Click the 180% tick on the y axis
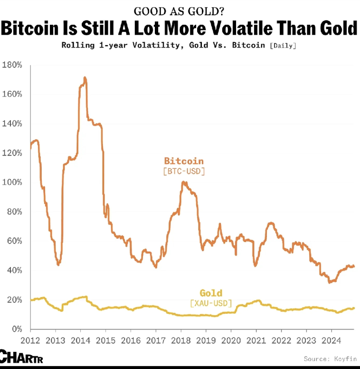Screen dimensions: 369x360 [12, 65]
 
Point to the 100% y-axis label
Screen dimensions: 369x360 [12, 182]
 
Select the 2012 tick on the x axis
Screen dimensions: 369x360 [30, 340]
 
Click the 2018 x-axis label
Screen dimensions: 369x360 [181, 340]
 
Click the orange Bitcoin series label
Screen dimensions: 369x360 [184, 161]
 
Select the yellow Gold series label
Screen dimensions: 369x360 [211, 293]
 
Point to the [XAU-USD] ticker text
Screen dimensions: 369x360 [211, 303]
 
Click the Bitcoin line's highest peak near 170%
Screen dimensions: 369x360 [85, 78]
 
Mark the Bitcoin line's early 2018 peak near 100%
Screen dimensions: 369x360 [184, 182]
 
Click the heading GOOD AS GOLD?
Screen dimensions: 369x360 [179, 11]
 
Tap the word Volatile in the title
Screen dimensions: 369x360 [246, 29]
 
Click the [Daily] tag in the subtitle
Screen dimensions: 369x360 [284, 46]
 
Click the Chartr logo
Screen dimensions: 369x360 [21, 356]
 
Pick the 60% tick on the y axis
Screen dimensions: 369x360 [14, 241]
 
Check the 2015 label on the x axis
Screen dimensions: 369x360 [105, 340]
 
